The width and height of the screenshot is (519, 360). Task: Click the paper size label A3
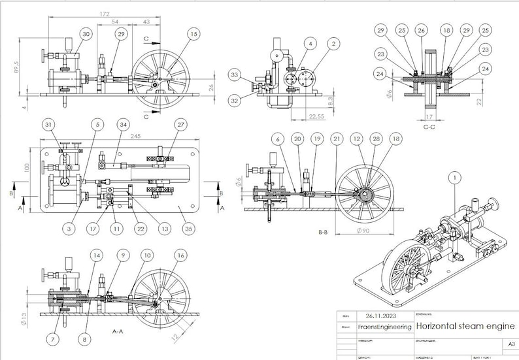(510, 343)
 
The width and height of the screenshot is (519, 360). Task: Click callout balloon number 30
(86, 33)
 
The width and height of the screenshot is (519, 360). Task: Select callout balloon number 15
(192, 33)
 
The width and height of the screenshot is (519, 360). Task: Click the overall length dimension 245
(118, 136)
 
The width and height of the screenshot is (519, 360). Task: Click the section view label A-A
(118, 332)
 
